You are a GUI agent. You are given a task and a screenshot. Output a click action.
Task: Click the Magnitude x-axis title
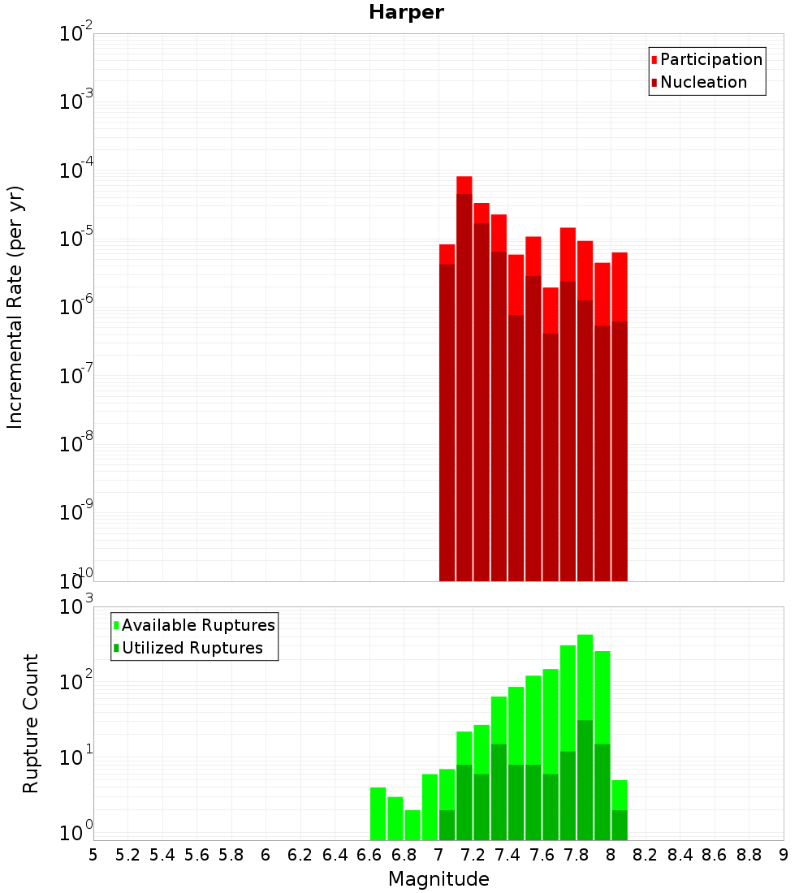438,879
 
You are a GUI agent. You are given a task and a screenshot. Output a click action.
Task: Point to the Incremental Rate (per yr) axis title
15,307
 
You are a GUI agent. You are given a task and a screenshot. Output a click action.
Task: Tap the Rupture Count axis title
31,723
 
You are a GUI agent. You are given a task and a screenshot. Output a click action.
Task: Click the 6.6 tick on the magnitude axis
369,855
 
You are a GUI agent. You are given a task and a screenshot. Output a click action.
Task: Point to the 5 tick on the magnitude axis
93,855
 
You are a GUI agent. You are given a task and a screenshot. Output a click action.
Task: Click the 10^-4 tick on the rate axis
76,170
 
